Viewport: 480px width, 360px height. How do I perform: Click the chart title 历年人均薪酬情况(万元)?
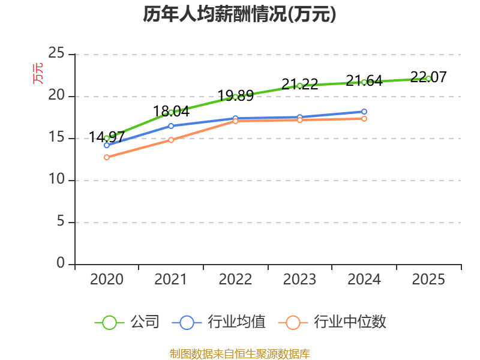pyautogui.click(x=239, y=14)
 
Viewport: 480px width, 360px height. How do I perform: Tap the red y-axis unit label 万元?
pyautogui.click(x=38, y=73)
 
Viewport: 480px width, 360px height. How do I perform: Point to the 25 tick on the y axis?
pyautogui.click(x=56, y=53)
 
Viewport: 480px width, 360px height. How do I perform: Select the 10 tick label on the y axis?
pyautogui.click(x=56, y=179)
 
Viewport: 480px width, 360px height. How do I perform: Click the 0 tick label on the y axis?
pyautogui.click(x=61, y=263)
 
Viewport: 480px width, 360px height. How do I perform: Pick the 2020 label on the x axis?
pyautogui.click(x=107, y=280)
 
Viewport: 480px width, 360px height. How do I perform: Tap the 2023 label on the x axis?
pyautogui.click(x=299, y=280)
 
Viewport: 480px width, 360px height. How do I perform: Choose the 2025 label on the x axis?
pyautogui.click(x=428, y=280)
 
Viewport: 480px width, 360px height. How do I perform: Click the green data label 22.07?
pyautogui.click(x=428, y=77)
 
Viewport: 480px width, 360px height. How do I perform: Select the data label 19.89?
pyautogui.click(x=235, y=96)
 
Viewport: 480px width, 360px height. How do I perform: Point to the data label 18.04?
pyautogui.click(x=171, y=112)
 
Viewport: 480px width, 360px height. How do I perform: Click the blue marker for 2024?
pyautogui.click(x=364, y=112)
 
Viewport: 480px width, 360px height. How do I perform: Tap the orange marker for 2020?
pyautogui.click(x=107, y=157)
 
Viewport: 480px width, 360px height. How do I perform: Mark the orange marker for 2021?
pyautogui.click(x=171, y=140)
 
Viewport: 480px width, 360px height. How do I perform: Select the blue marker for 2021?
pyautogui.click(x=171, y=126)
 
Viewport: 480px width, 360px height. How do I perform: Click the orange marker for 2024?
pyautogui.click(x=364, y=119)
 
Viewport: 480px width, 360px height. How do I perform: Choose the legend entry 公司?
pyautogui.click(x=127, y=322)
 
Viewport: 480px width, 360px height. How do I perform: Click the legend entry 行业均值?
pyautogui.click(x=218, y=322)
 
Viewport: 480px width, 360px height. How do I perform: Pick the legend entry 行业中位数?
pyautogui.click(x=332, y=322)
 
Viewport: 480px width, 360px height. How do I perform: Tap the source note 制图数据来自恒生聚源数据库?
pyautogui.click(x=239, y=354)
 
